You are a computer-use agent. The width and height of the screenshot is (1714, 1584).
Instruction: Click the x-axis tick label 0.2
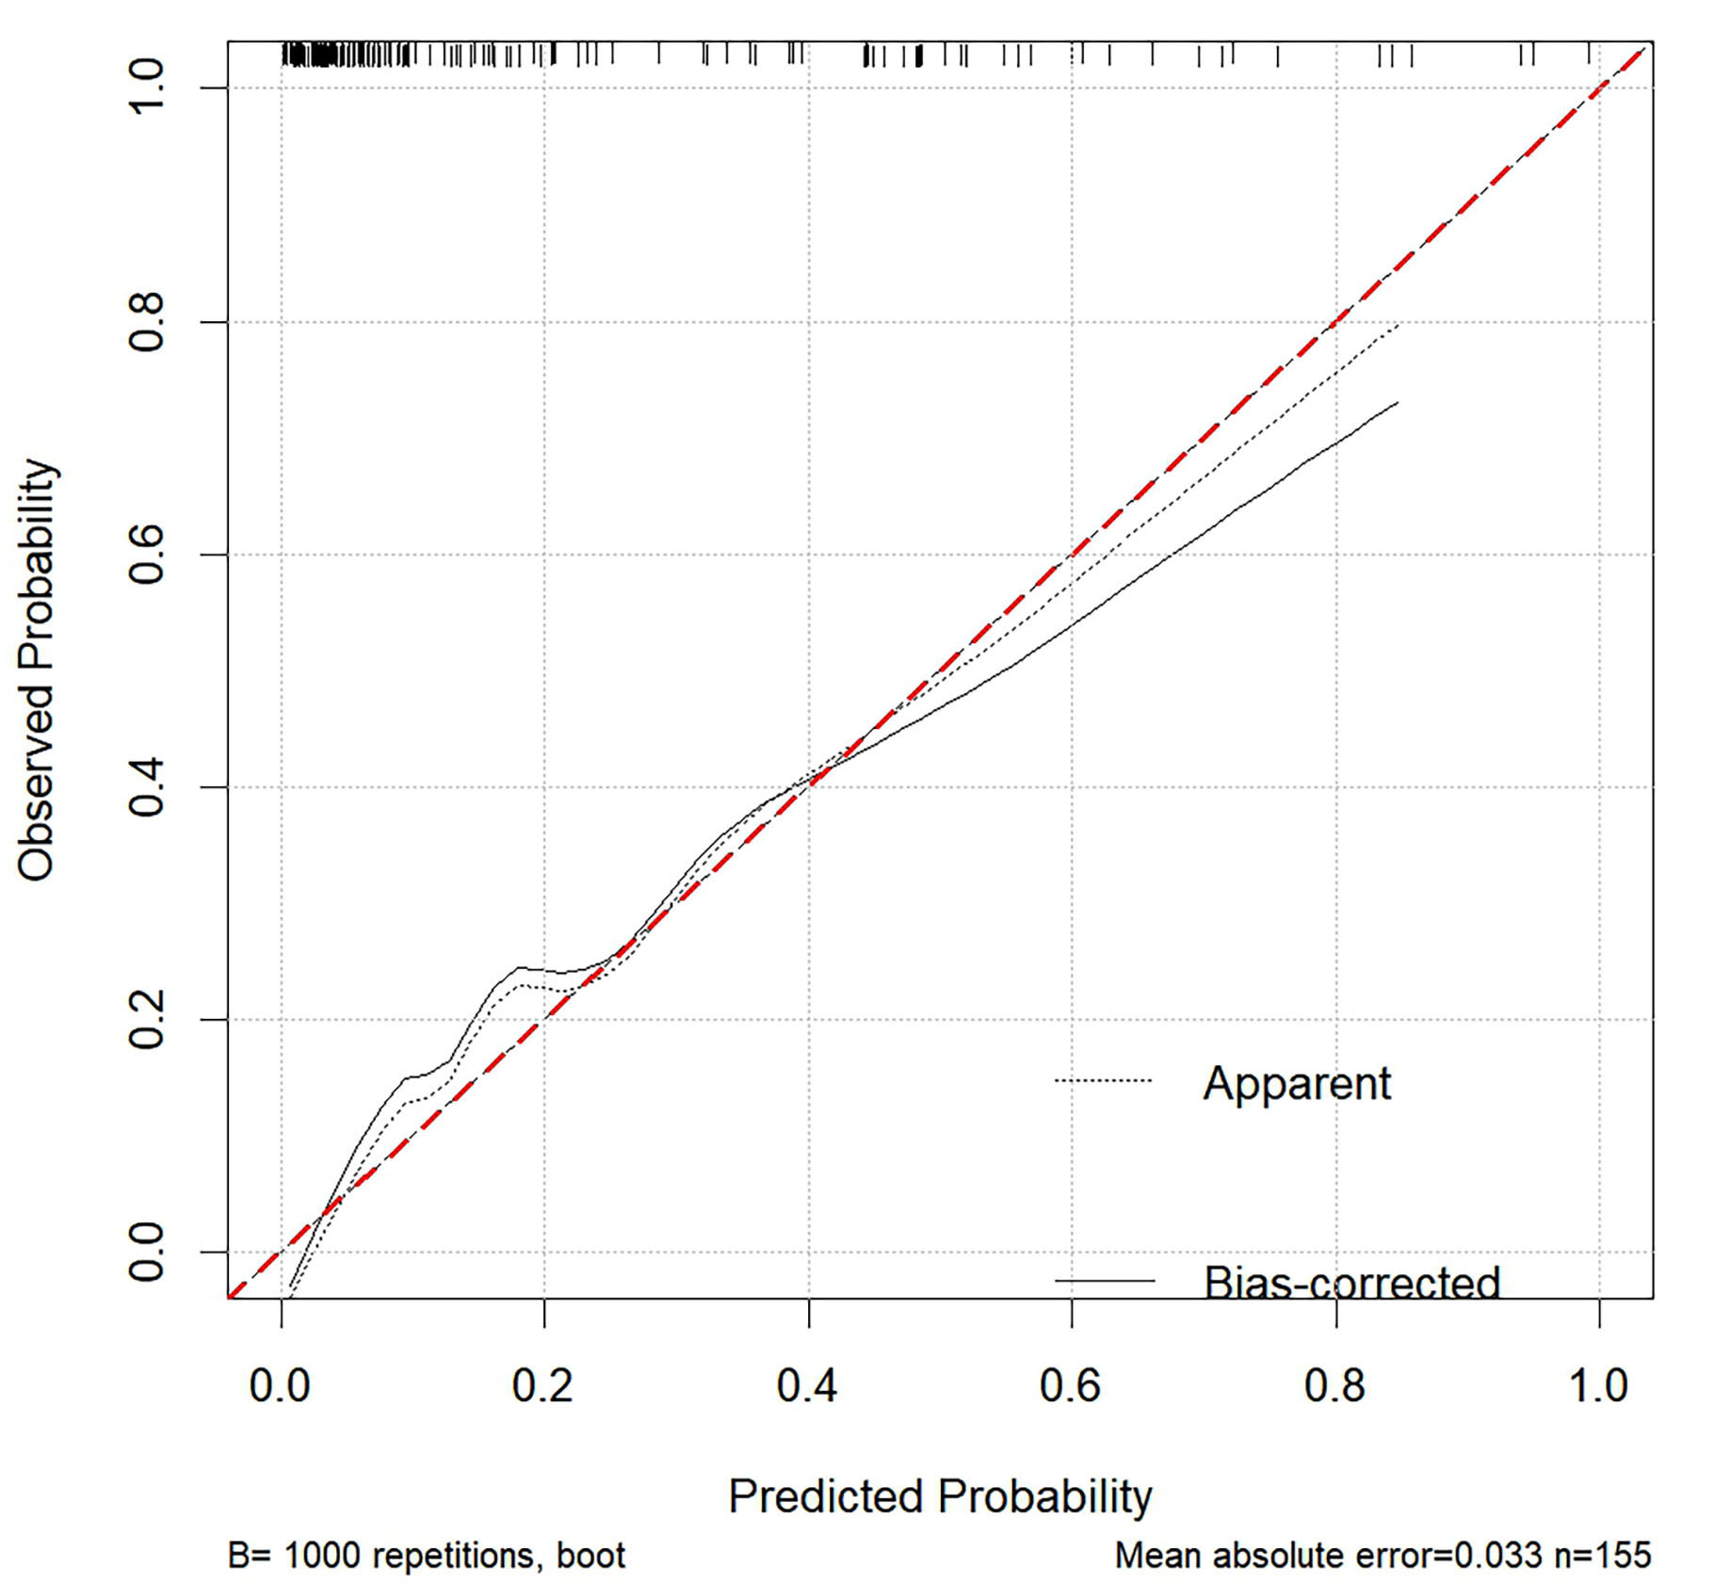(542, 1385)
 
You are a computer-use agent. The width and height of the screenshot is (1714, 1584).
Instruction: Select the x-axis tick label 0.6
(1070, 1385)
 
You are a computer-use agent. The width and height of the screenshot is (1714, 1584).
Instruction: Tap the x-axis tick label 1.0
(1598, 1385)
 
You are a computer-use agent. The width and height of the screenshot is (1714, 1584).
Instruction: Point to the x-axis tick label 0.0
(280, 1385)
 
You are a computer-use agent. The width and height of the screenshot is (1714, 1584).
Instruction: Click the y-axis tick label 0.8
(147, 323)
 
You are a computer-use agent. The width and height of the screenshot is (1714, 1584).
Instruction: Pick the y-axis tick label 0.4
(147, 787)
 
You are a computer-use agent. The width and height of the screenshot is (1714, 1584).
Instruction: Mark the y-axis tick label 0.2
(147, 1020)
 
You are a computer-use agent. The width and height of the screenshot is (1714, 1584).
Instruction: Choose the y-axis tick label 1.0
(147, 88)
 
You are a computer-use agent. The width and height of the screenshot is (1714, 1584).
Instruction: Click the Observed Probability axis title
(38, 671)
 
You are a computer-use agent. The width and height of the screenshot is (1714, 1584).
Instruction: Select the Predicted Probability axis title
(940, 1496)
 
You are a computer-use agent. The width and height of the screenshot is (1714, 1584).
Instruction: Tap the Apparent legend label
(1296, 1083)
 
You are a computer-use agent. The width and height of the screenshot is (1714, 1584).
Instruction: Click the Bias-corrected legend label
(1351, 1283)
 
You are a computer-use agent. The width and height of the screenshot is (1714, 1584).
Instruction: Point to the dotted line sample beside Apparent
(1104, 1080)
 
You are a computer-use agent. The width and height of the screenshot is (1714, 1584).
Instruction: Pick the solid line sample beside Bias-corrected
(1104, 1281)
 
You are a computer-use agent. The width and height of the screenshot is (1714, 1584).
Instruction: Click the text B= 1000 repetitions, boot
(427, 1555)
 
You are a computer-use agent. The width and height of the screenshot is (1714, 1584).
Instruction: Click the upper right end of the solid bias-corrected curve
(1398, 403)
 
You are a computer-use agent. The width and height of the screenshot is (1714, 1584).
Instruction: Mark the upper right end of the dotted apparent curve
(1399, 326)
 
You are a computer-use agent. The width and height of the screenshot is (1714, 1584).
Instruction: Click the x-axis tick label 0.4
(806, 1385)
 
